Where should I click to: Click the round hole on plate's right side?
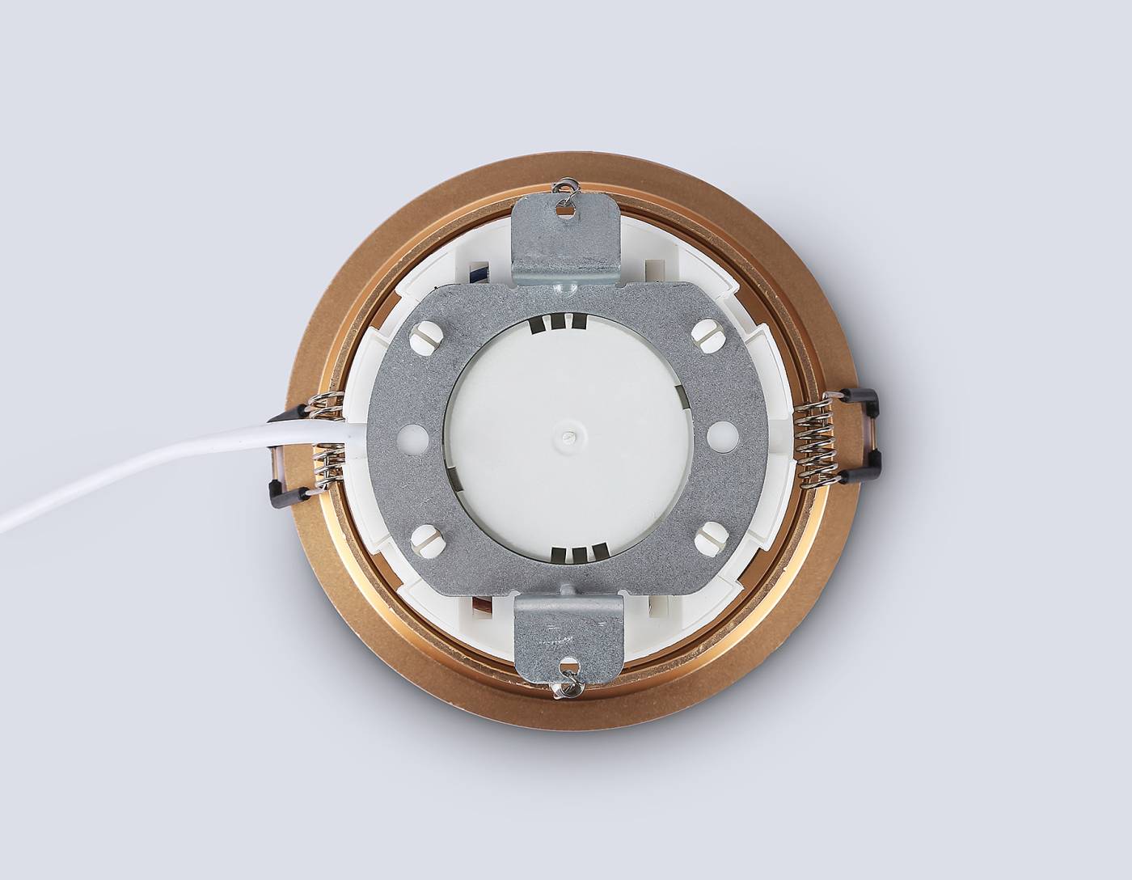pyautogui.click(x=719, y=436)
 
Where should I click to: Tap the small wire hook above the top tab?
pyautogui.click(x=568, y=187)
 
